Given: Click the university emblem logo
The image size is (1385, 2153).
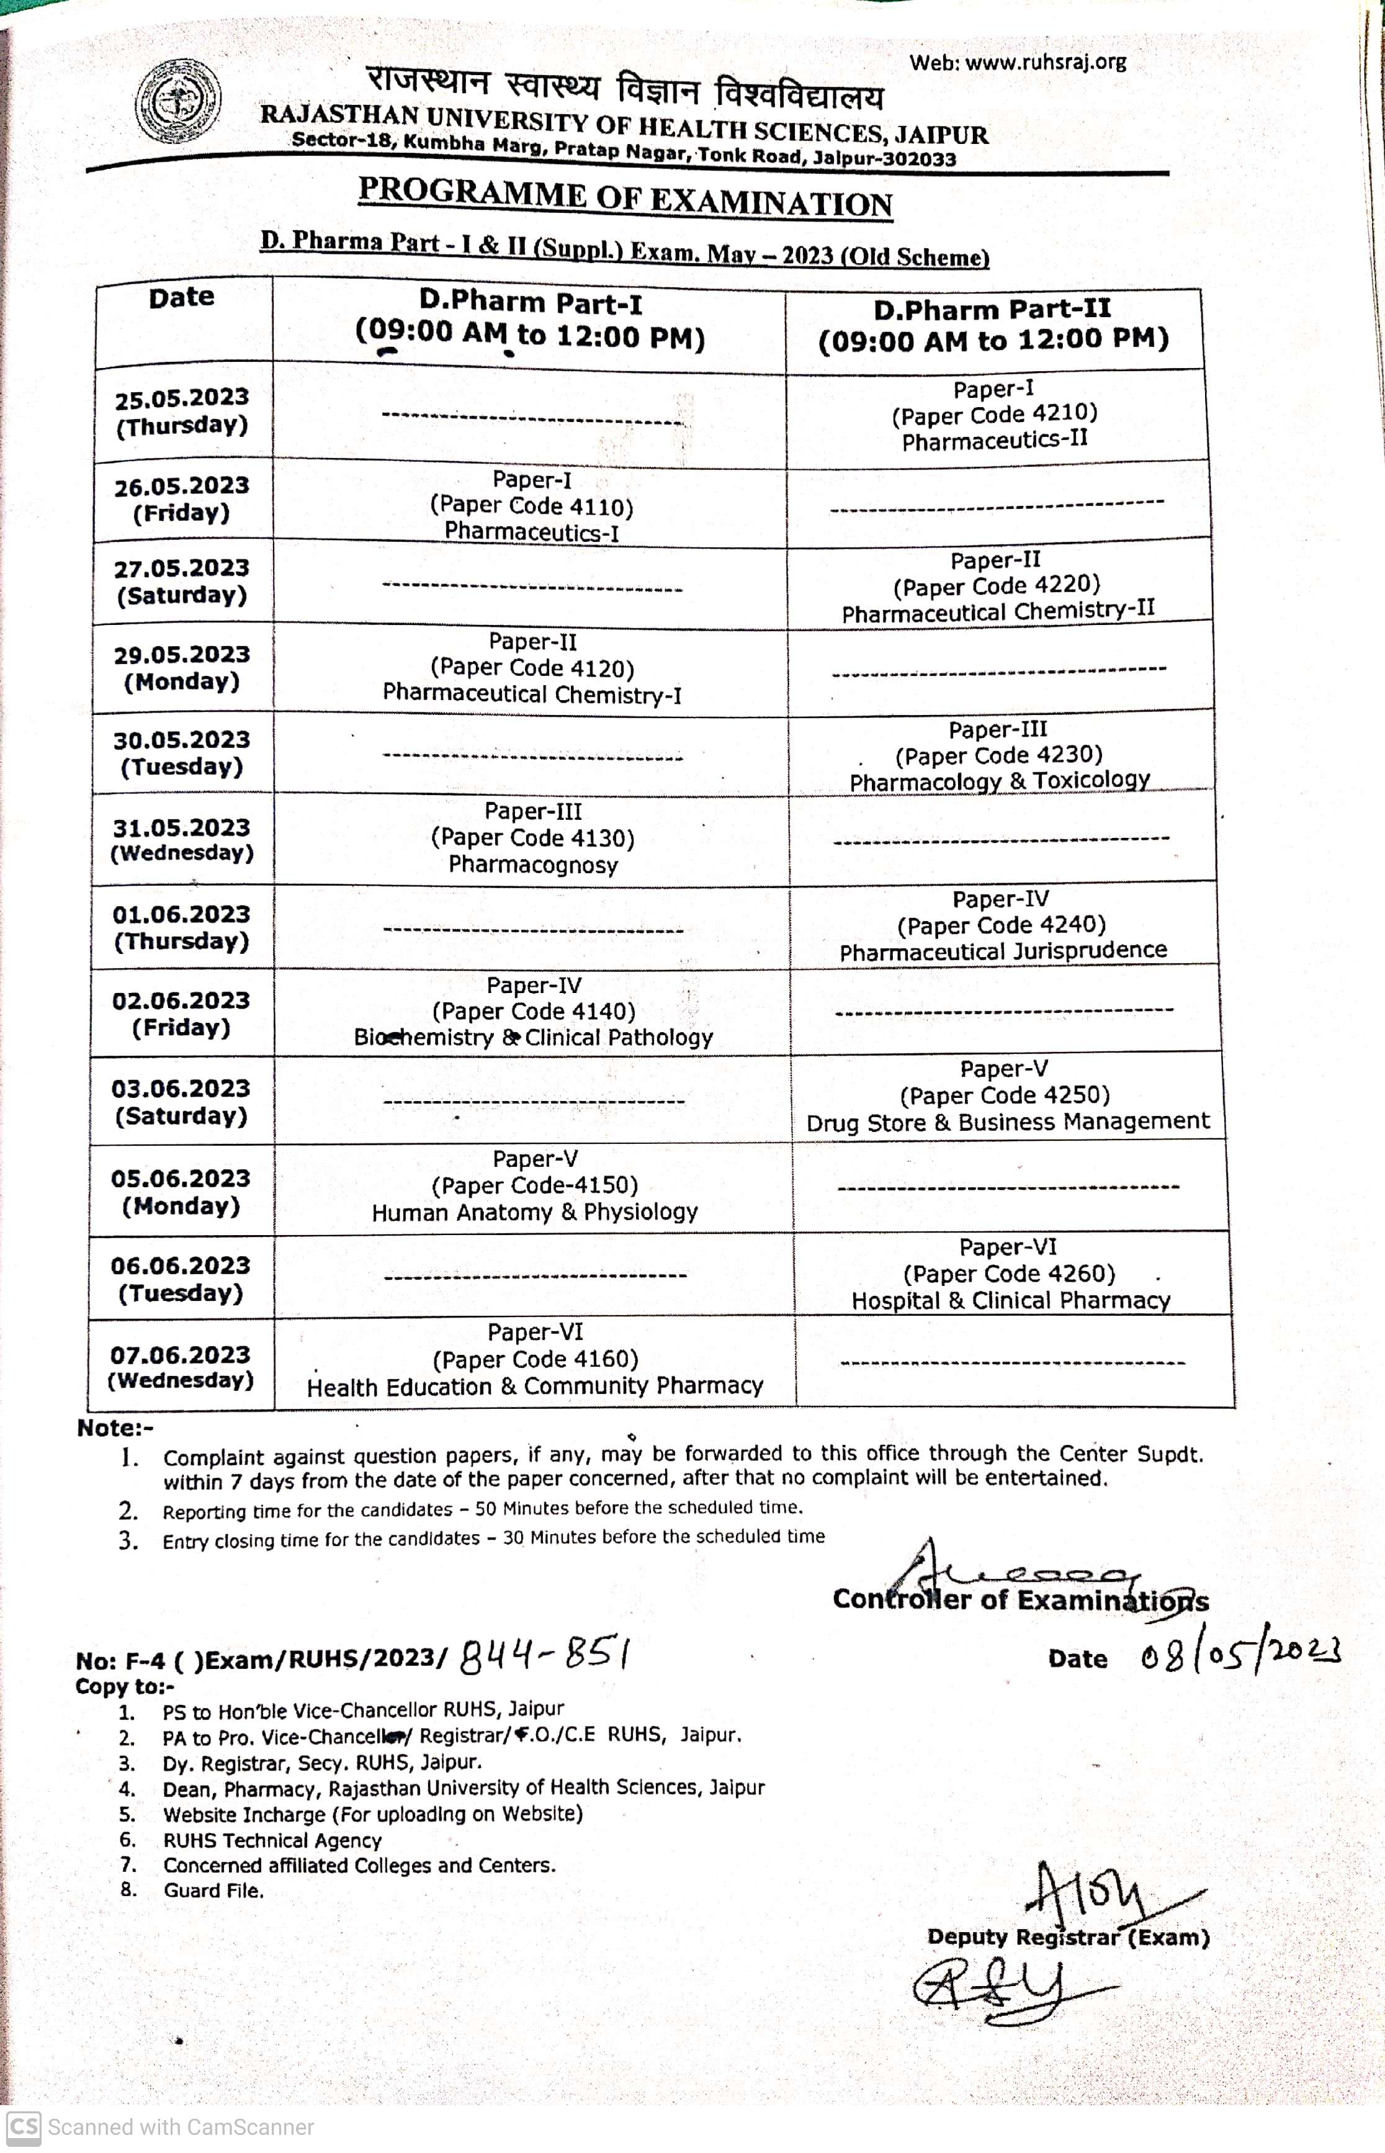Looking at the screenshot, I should (177, 102).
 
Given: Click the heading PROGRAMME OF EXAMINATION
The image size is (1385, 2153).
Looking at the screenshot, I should (625, 197).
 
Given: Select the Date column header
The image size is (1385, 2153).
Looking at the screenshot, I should (182, 298).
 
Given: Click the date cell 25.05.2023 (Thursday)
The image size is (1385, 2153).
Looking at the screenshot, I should (182, 411).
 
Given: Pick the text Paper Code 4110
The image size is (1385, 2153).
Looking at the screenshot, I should (532, 506).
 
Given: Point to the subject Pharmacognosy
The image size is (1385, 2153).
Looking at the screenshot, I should (533, 865).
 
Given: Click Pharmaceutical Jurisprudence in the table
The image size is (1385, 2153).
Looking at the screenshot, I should (1003, 951).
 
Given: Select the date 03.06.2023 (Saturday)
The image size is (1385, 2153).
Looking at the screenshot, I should (181, 1102).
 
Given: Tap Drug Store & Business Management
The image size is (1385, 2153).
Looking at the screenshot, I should (1007, 1121).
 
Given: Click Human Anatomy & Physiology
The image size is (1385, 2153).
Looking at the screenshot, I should (535, 1212).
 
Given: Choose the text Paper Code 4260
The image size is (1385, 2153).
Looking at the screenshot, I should (1009, 1274).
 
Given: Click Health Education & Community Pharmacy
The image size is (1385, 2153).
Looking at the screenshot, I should (535, 1386).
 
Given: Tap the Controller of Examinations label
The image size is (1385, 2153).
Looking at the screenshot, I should (1020, 1600).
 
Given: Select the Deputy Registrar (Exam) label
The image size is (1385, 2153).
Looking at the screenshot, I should (1067, 1936).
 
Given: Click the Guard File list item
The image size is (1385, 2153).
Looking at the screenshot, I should (213, 1890).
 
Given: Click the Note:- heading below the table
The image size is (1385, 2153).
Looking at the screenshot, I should (115, 1428).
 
